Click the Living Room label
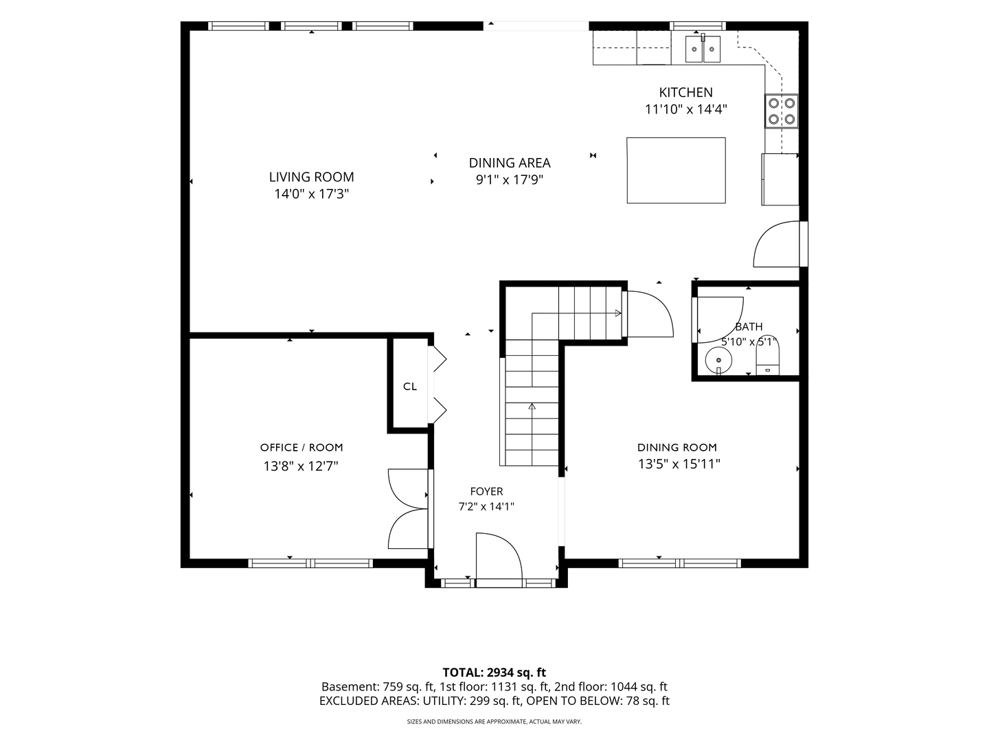tap(311, 177)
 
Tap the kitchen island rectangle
tap(676, 170)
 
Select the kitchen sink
tap(703, 49)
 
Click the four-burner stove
tap(782, 111)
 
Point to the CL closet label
tap(410, 386)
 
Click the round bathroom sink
tap(718, 361)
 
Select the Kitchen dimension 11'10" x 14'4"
tap(685, 109)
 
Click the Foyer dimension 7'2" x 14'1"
tap(486, 506)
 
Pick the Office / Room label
tap(302, 447)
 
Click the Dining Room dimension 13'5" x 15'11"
tap(679, 464)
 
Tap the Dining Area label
tap(510, 163)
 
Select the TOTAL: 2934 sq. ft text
tap(494, 672)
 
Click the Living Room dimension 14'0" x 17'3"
tap(312, 194)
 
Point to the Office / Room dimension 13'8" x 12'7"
tap(301, 465)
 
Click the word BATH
tap(749, 326)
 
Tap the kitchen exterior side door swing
tap(776, 244)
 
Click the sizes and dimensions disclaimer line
tap(494, 721)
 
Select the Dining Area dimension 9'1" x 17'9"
tap(510, 180)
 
